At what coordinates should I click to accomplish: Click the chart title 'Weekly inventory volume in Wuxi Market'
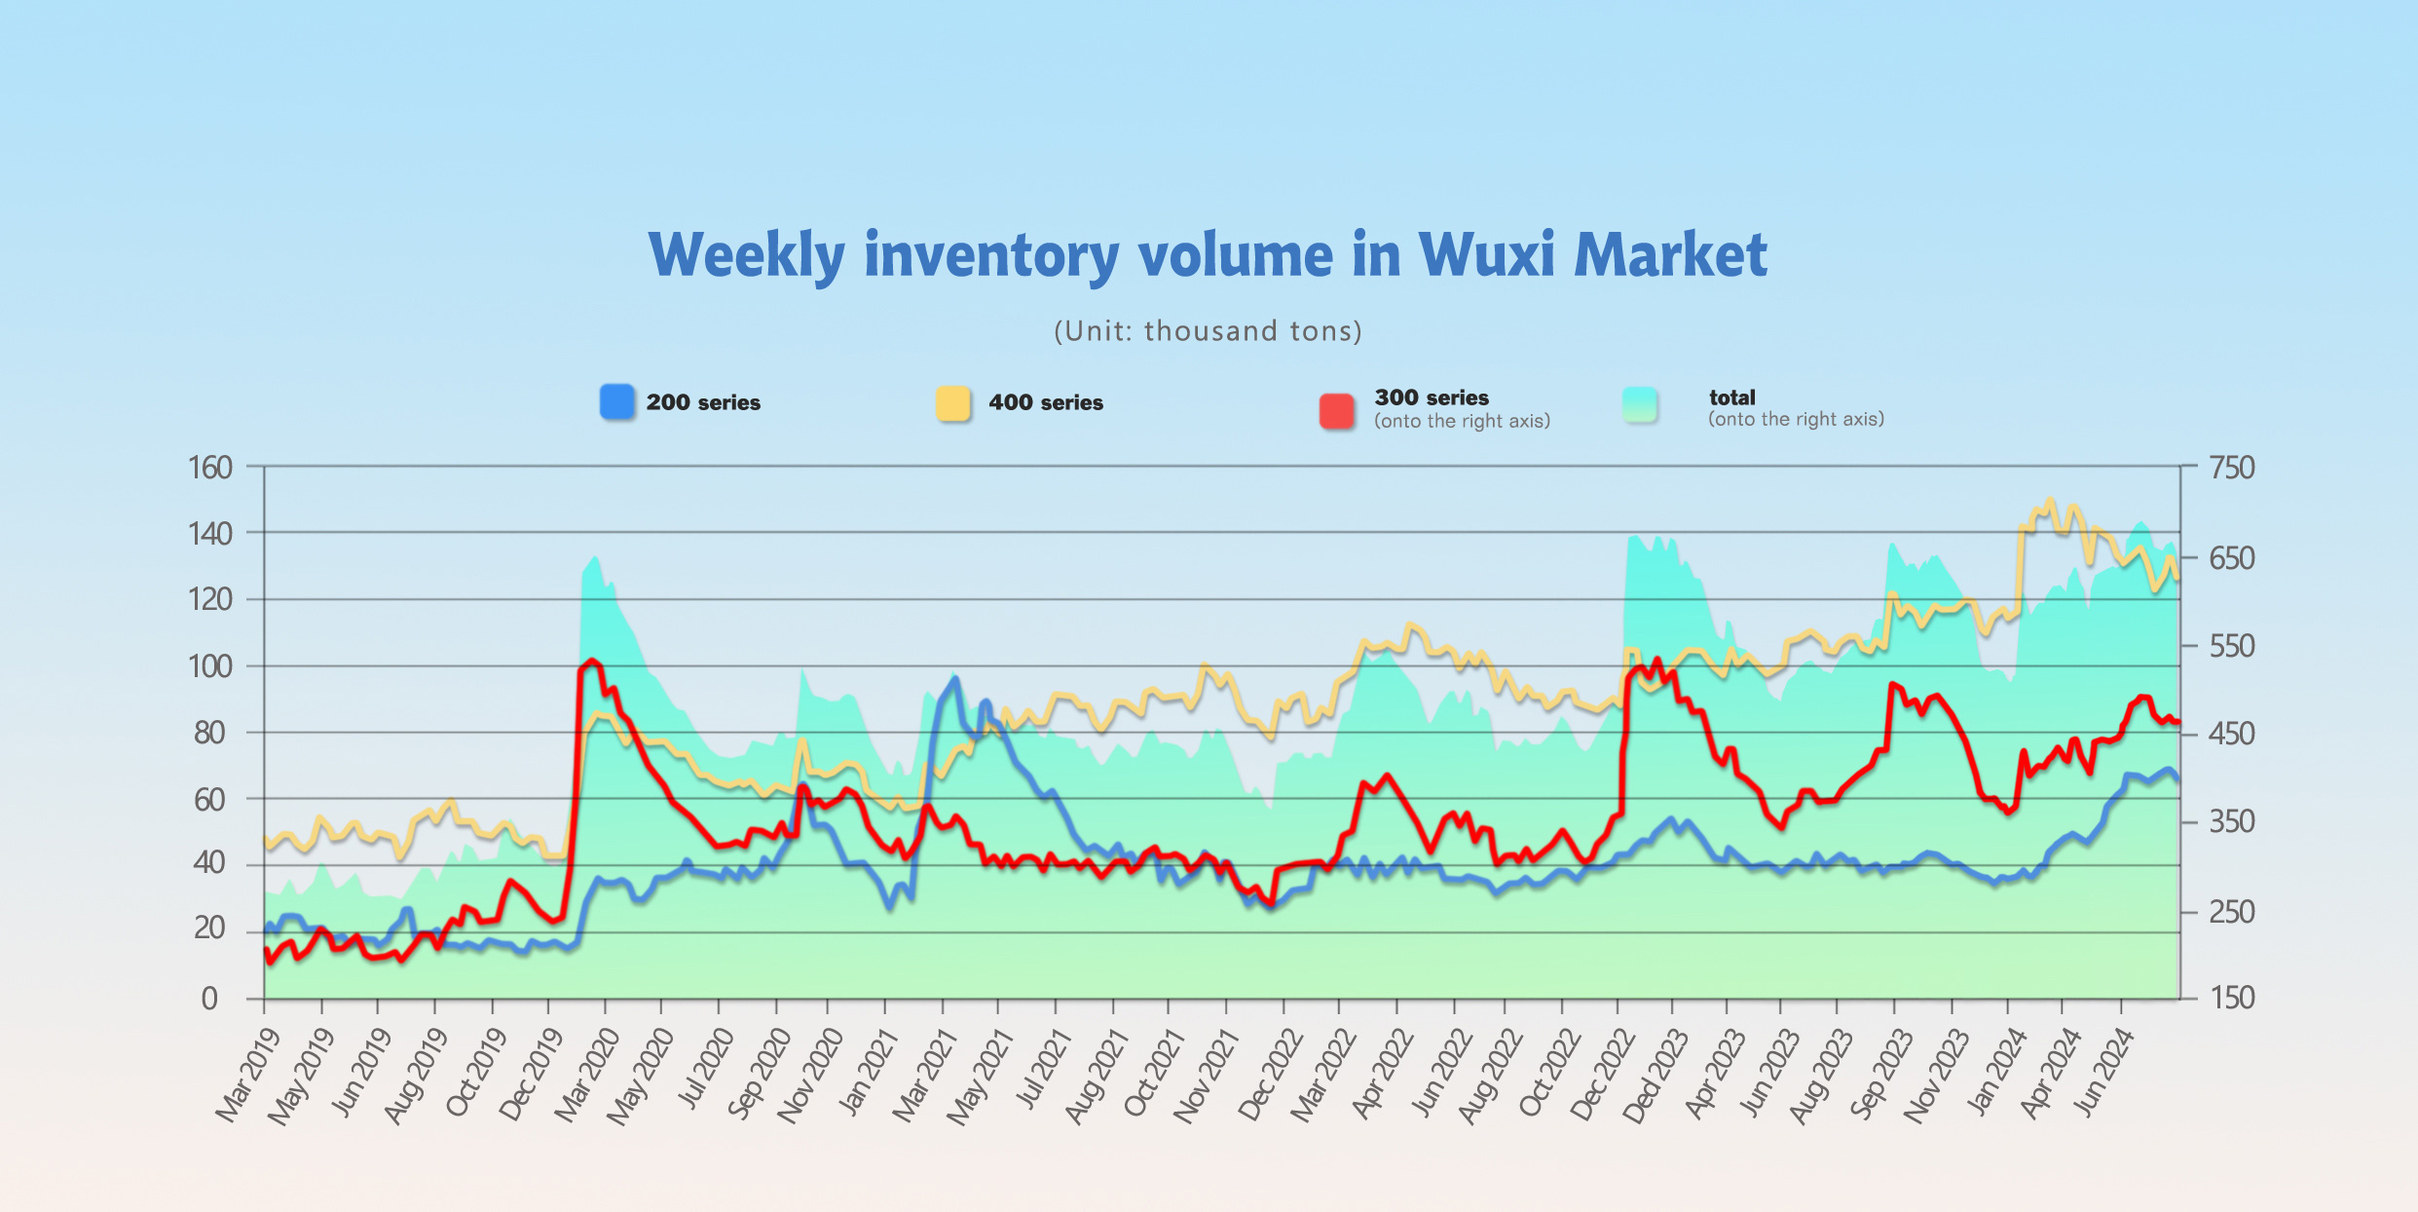coord(1208,255)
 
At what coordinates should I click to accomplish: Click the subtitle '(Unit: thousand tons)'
coord(1208,331)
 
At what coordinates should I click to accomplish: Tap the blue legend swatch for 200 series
coord(617,402)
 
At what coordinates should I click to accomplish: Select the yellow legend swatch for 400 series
coord(953,403)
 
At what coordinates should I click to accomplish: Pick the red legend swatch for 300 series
coord(1336,411)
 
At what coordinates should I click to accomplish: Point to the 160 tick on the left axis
coord(210,468)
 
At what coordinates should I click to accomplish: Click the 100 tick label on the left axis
coord(210,666)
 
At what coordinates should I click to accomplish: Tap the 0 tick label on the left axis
coord(209,999)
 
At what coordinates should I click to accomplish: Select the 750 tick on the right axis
coord(2232,468)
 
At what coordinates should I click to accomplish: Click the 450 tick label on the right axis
coord(2232,734)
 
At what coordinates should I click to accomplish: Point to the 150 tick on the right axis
coord(2232,998)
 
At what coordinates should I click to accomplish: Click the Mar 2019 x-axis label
coord(247,1075)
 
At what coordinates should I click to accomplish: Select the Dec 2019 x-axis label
coord(532,1075)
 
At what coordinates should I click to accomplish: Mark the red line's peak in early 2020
coord(591,662)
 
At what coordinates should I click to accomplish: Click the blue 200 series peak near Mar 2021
coord(955,679)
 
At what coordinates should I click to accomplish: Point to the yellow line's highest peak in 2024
coord(2050,501)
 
